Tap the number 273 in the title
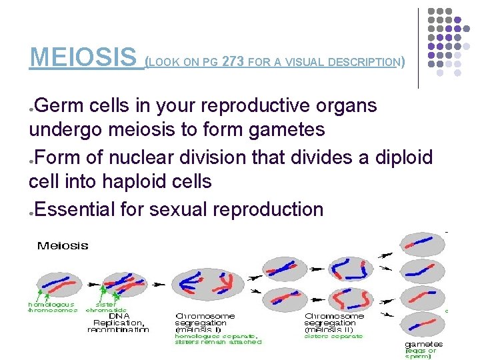point(233,63)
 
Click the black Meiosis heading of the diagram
point(63,245)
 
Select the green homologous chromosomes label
point(52,307)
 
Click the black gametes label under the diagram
point(423,344)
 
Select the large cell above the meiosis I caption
point(203,283)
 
